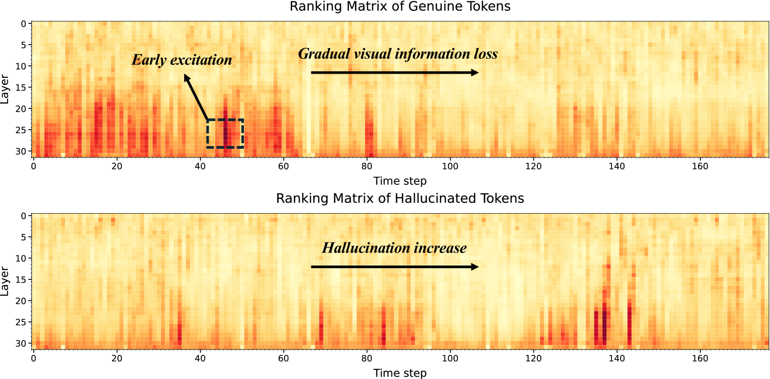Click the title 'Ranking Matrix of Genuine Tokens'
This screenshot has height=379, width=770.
(x=400, y=6)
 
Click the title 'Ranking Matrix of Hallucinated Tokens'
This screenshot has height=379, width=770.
(x=400, y=198)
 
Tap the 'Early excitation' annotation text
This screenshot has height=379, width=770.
(x=182, y=60)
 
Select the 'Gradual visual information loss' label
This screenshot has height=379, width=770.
(x=398, y=54)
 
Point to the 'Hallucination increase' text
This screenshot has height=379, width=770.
(x=394, y=248)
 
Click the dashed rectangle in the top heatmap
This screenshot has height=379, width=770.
(x=225, y=133)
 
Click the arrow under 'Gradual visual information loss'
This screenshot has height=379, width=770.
(x=394, y=73)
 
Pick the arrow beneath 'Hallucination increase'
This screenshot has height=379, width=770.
(x=394, y=267)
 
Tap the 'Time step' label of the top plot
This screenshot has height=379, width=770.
(x=400, y=181)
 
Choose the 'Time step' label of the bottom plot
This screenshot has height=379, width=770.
(x=400, y=373)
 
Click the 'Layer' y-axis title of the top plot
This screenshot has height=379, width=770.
(x=5, y=89)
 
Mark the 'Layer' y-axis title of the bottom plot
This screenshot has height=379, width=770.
(x=5, y=281)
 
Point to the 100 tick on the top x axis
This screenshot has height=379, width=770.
(x=450, y=166)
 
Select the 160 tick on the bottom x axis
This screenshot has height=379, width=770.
(x=700, y=358)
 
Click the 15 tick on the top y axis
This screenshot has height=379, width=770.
(x=21, y=87)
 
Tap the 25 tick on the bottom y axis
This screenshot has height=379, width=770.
(x=21, y=322)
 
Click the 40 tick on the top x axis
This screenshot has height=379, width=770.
(x=200, y=166)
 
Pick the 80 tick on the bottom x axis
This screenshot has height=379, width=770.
(x=367, y=358)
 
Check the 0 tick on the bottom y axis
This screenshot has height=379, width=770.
(x=23, y=216)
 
